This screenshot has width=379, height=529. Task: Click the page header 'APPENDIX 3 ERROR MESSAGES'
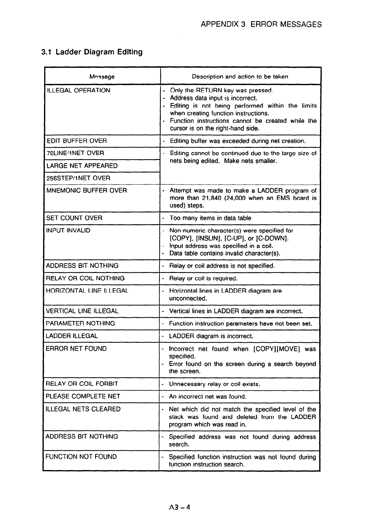coord(261,24)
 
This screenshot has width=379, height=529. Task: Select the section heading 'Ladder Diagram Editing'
coord(99,52)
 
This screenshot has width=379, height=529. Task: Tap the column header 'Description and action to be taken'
coord(240,76)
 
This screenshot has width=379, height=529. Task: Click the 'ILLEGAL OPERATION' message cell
coord(78,90)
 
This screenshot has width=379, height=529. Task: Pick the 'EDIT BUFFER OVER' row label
coord(76,141)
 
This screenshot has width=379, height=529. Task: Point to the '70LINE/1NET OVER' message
coord(75,153)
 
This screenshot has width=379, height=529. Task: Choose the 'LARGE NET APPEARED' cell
coord(82,166)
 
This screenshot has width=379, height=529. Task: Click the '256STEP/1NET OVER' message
coord(78,178)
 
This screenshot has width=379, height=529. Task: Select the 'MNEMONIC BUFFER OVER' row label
coord(86,190)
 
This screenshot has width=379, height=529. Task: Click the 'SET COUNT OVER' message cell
coord(74,218)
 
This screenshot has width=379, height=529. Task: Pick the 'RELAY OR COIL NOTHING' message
coord(85,278)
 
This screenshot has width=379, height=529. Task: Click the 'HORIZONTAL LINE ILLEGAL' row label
coord(87,291)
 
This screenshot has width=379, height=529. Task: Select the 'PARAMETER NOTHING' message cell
coord(80,323)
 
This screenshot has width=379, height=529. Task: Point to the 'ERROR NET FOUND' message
coord(76,349)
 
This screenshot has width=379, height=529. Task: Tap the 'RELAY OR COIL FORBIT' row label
coord(82,384)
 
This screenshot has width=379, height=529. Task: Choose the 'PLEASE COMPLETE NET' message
coord(83,396)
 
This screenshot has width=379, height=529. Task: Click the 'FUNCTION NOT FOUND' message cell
coord(81,457)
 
